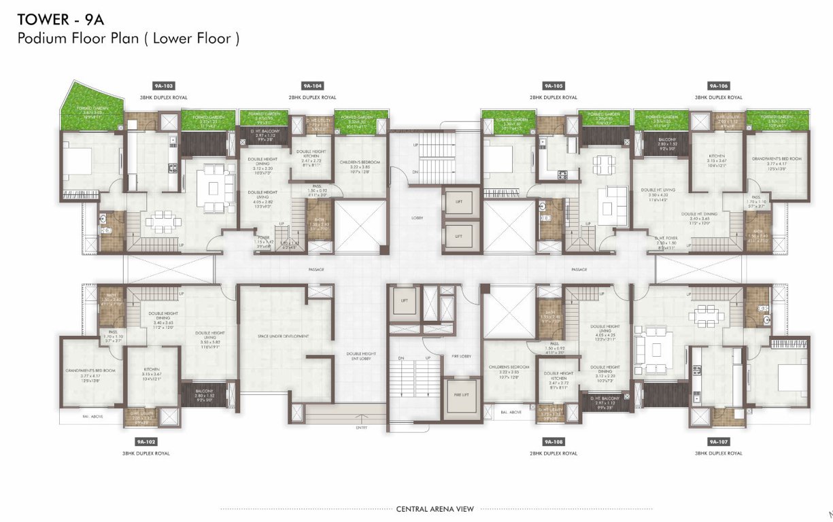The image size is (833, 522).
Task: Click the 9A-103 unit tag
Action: click(164, 86)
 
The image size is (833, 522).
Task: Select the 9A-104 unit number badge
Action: click(312, 86)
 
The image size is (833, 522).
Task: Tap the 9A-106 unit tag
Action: click(718, 86)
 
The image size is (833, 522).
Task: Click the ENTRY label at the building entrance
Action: click(360, 428)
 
